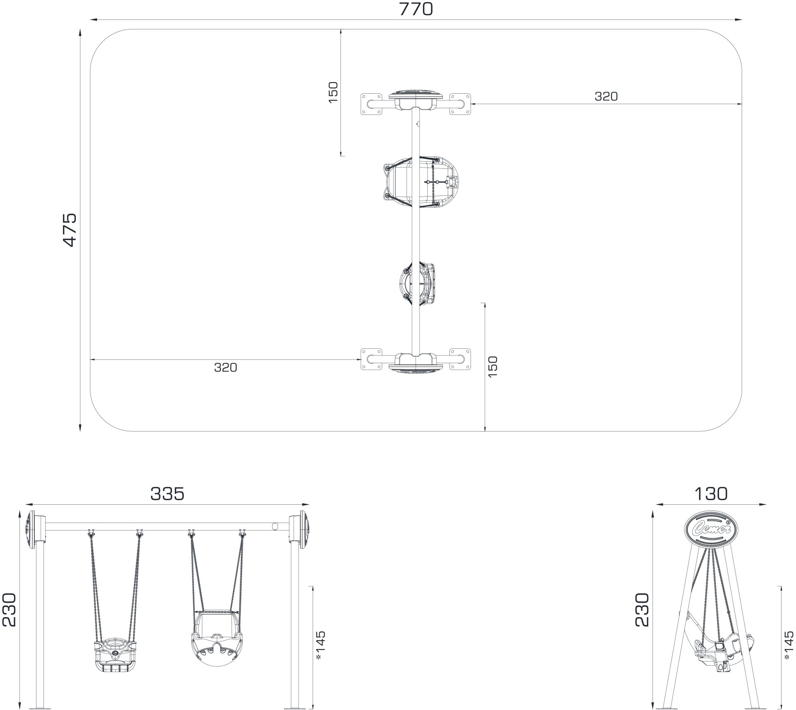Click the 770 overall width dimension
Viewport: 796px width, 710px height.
pos(416,9)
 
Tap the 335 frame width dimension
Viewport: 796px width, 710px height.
pos(167,494)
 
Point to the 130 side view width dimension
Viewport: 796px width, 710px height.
pos(711,494)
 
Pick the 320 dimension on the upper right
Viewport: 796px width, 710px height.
pos(606,96)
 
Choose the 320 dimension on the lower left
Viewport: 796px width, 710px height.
pos(226,367)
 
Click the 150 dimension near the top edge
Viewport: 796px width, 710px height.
pos(333,92)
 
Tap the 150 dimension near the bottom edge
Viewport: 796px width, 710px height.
pos(493,367)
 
